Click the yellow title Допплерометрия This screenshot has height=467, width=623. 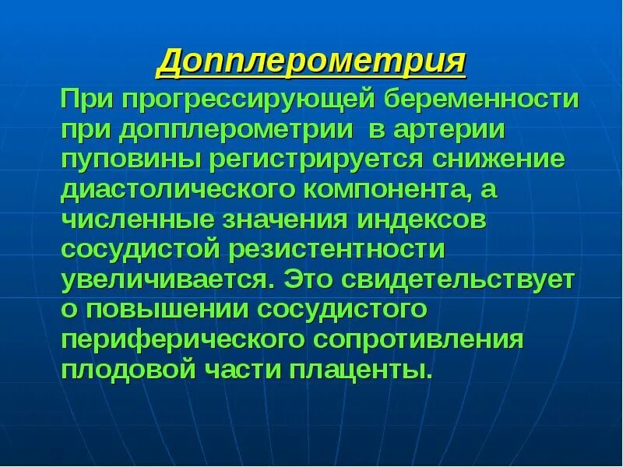(311, 61)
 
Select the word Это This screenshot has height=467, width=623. (308, 280)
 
